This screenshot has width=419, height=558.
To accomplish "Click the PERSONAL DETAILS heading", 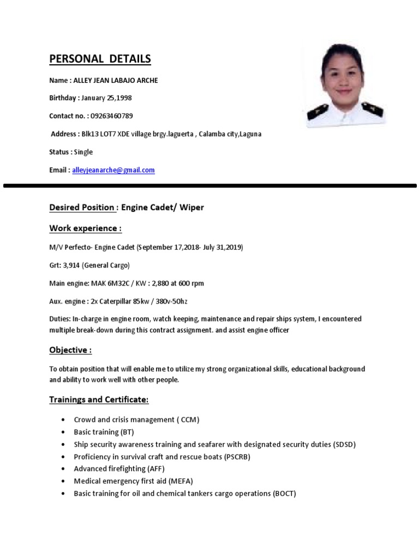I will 100,59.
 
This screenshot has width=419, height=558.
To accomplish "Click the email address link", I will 113,170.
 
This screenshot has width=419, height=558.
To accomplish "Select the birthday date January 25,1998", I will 106,98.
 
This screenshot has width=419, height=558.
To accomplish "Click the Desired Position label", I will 82,208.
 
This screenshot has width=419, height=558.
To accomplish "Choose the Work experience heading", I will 85,228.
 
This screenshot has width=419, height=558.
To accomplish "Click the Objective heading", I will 70,350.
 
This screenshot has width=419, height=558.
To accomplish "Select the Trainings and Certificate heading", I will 99,399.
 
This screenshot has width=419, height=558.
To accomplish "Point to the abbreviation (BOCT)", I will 284,494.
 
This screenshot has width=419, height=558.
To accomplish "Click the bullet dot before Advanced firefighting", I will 64,469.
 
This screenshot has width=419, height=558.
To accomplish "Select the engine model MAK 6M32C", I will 103,283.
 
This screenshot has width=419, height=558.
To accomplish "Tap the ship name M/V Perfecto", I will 70,247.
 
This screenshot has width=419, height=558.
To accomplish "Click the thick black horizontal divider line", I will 209,186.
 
